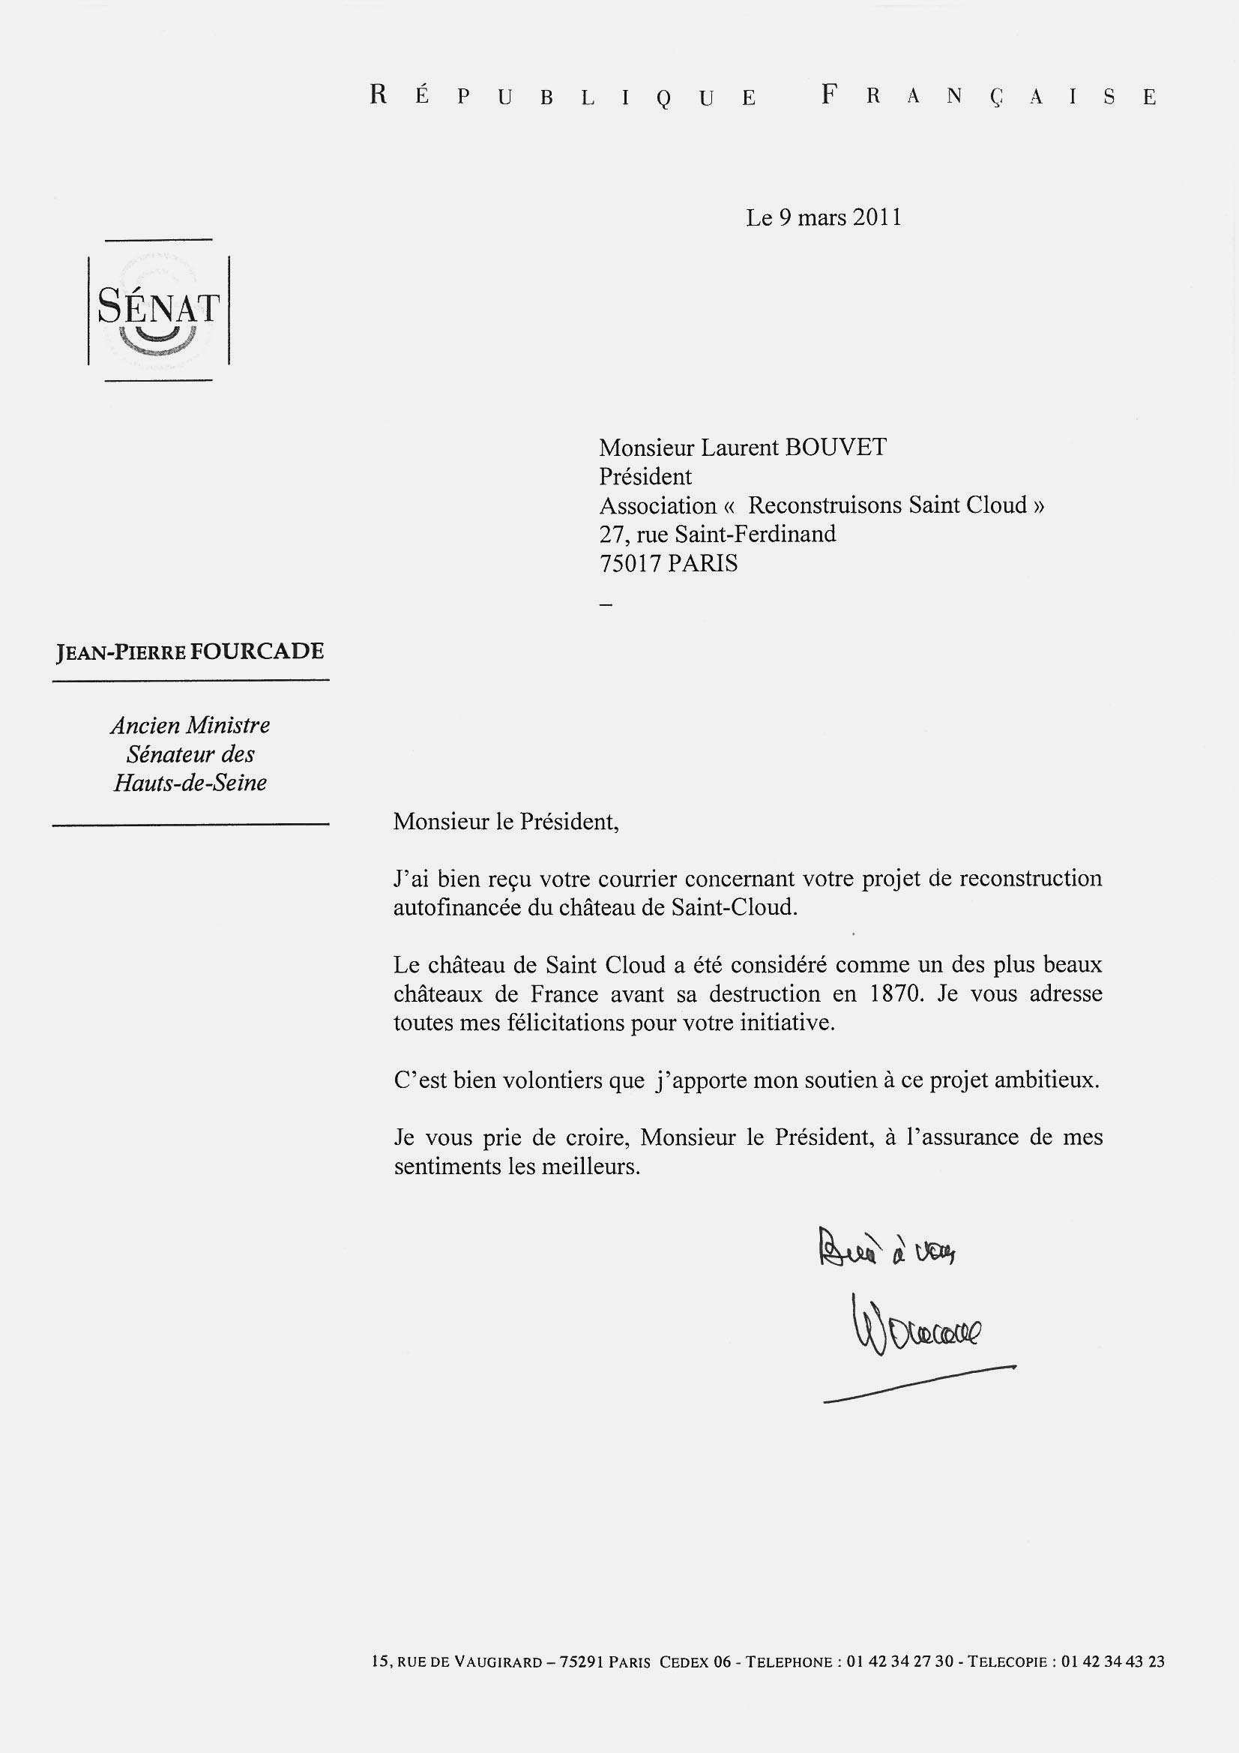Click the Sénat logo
(159, 310)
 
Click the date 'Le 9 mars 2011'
(824, 218)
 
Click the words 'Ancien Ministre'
(190, 724)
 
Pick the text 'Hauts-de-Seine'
(190, 783)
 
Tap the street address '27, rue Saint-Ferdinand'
(717, 534)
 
